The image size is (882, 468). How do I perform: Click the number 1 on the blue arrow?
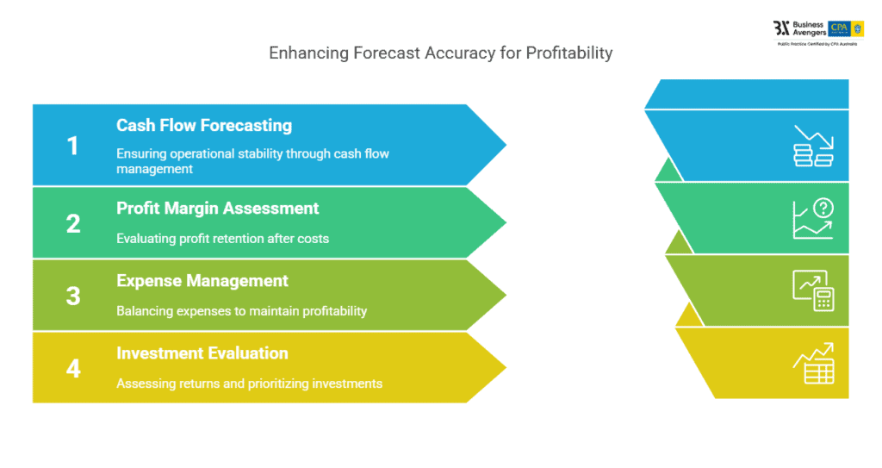(73, 146)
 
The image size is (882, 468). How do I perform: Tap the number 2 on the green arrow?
(73, 224)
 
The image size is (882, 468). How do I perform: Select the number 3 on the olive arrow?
(73, 296)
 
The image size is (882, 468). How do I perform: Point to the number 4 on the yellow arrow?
(73, 368)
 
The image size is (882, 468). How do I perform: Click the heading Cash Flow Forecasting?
(204, 125)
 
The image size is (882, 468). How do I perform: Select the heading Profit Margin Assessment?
(217, 208)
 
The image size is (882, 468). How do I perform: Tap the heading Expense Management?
(202, 280)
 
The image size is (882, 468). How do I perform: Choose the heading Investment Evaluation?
(202, 353)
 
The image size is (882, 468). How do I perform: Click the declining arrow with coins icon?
(813, 146)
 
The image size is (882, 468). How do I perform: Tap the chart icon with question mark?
(813, 218)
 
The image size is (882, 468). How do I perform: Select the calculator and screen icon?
(813, 290)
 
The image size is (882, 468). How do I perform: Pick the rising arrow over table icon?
(813, 363)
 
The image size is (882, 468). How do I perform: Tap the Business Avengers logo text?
(809, 28)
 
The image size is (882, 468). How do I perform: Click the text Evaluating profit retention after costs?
(222, 238)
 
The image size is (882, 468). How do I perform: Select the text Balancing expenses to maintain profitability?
(241, 310)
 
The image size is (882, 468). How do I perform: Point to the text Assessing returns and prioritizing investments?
(249, 383)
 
